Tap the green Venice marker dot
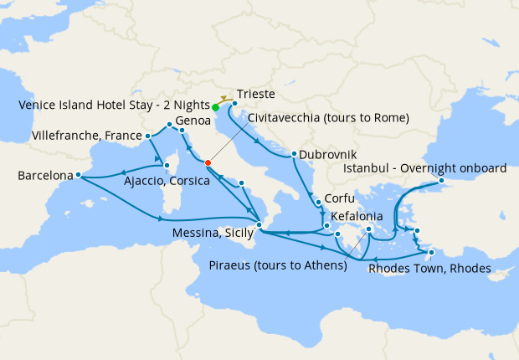[x=215, y=107]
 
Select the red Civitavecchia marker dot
[x=208, y=162]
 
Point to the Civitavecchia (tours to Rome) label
[x=328, y=118]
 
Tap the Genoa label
[x=193, y=121]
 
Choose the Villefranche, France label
[x=85, y=135]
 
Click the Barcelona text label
[x=44, y=176]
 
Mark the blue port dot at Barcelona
[x=78, y=175]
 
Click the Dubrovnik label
[x=328, y=155]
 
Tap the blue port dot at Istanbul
[x=441, y=179]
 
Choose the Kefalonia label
[x=359, y=216]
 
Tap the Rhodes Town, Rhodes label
[x=429, y=268]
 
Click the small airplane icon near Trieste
[x=225, y=98]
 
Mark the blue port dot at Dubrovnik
[x=294, y=154]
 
